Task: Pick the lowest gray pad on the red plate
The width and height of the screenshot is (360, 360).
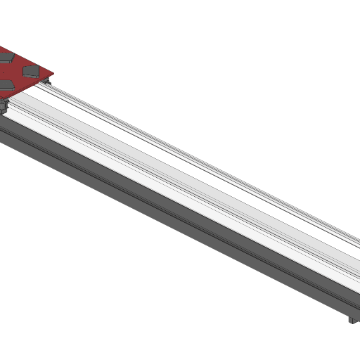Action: click(4, 84)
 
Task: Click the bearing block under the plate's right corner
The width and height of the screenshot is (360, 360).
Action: click(47, 83)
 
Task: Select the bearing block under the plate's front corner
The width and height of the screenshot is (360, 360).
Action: click(3, 106)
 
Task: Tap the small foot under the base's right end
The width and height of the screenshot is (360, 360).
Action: click(352, 321)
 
